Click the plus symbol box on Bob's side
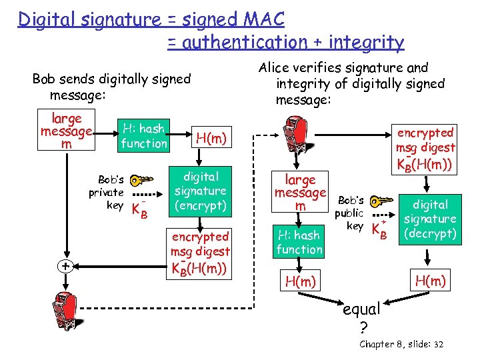65,265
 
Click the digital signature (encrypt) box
200,191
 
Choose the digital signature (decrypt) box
430,219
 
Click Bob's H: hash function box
144,135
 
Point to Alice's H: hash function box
299,242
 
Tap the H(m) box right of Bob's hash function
211,139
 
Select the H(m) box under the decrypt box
430,279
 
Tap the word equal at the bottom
361,309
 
